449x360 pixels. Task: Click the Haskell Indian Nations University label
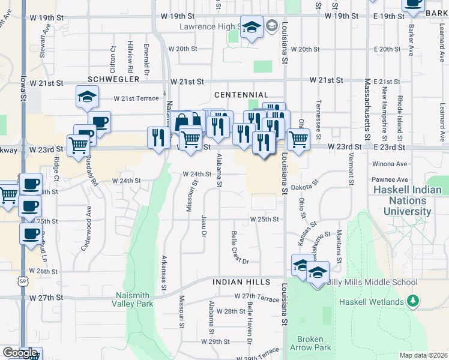pyautogui.click(x=411, y=200)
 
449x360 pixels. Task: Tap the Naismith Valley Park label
pyautogui.click(x=134, y=299)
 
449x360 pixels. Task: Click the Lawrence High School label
pyautogui.click(x=209, y=27)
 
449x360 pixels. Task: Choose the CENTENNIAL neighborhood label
pyautogui.click(x=241, y=95)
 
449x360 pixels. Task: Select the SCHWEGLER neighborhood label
pyautogui.click(x=113, y=79)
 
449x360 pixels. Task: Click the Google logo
pyautogui.click(x=20, y=353)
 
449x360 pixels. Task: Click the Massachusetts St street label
pyautogui.click(x=367, y=114)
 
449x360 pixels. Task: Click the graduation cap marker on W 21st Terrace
pyautogui.click(x=87, y=97)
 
